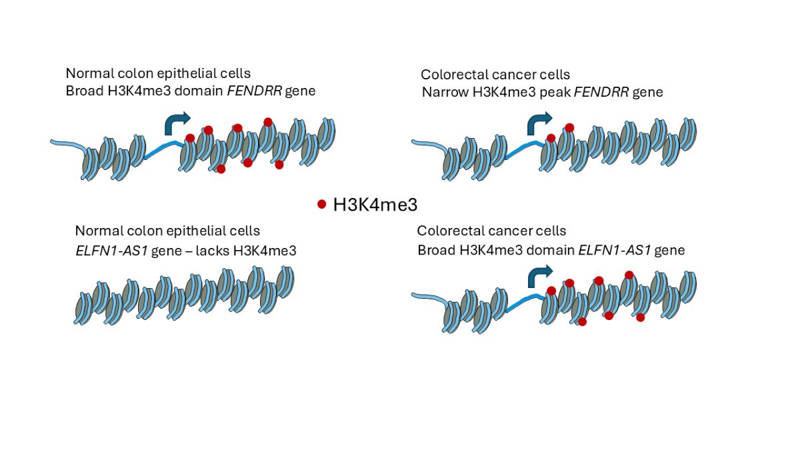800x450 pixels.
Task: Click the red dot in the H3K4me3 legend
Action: tap(322, 204)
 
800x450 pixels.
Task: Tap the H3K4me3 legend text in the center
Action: tap(375, 204)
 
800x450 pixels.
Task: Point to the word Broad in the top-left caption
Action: tap(84, 91)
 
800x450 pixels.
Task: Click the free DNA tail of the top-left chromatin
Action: tap(66, 143)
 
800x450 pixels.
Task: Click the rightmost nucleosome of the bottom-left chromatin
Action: tap(285, 282)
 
